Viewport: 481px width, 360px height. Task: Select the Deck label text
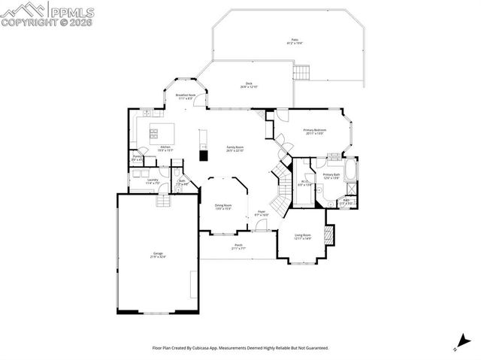click(x=248, y=85)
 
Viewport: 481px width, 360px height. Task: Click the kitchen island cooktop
click(x=154, y=135)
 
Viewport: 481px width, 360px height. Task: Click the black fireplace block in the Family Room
click(x=203, y=156)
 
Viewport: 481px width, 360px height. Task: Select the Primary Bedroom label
click(x=314, y=132)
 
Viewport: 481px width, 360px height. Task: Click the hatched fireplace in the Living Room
click(x=327, y=234)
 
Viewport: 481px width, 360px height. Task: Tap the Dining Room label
click(x=223, y=207)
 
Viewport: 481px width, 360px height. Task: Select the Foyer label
click(x=262, y=213)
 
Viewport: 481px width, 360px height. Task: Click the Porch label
click(x=238, y=247)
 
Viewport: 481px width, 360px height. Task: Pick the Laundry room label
click(x=152, y=181)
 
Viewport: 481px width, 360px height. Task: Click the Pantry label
click(x=138, y=158)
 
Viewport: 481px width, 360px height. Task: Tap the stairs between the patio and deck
click(x=301, y=72)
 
